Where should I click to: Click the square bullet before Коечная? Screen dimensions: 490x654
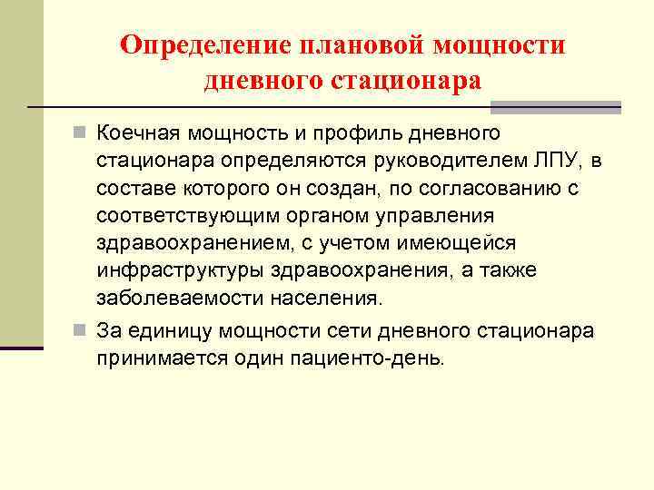pyautogui.click(x=82, y=134)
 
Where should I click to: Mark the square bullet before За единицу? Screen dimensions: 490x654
pyautogui.click(x=82, y=330)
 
